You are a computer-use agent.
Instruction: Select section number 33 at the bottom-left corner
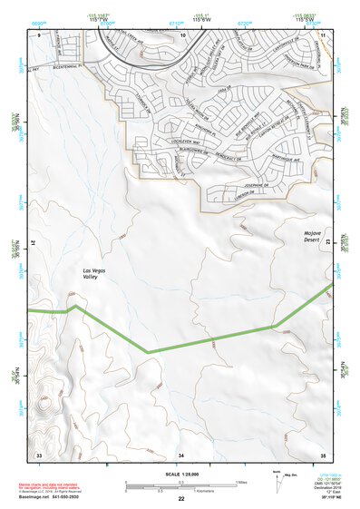pyautogui.click(x=38, y=454)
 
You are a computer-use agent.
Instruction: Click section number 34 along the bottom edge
pyautogui.click(x=181, y=454)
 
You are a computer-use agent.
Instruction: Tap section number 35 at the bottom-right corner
pyautogui.click(x=323, y=454)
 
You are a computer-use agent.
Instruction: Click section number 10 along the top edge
pyautogui.click(x=182, y=34)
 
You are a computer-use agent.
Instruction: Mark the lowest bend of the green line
pyautogui.click(x=147, y=352)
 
